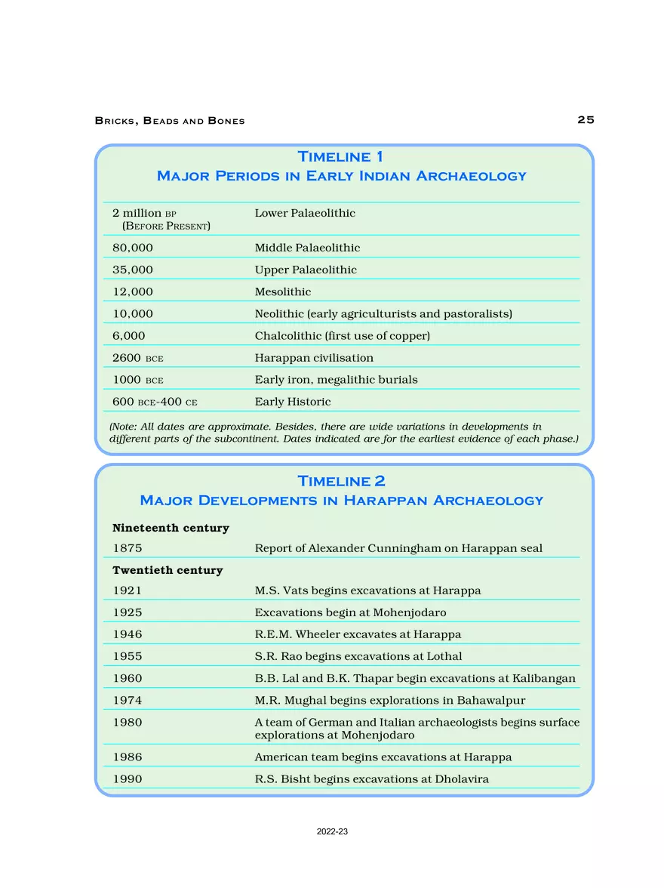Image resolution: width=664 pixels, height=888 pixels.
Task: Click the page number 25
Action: click(586, 120)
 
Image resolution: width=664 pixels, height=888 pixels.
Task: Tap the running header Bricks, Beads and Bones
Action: click(170, 121)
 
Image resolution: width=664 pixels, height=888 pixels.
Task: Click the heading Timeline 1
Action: click(340, 157)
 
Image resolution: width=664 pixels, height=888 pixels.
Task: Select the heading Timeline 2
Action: click(341, 481)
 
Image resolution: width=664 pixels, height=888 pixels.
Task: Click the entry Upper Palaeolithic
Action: click(306, 270)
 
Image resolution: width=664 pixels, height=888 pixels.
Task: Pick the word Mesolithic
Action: click(283, 291)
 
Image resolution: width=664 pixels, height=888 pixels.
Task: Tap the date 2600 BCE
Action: click(138, 358)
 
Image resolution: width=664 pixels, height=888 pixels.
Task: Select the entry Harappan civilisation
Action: click(314, 358)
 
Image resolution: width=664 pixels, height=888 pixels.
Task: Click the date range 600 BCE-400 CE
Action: click(155, 402)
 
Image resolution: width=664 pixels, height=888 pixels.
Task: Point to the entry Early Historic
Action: click(293, 402)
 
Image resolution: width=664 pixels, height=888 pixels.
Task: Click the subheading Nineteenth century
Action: click(171, 528)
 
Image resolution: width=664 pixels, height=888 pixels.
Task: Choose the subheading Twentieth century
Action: click(168, 570)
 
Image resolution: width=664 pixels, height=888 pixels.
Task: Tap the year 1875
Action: click(127, 548)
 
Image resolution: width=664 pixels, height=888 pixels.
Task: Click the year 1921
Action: click(127, 590)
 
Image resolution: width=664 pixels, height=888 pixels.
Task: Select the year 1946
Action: click(127, 634)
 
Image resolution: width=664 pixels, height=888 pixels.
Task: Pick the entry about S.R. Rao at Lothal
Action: click(358, 656)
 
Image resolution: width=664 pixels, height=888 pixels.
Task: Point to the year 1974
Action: click(127, 700)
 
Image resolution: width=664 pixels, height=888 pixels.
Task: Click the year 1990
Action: click(127, 779)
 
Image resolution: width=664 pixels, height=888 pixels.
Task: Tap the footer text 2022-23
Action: click(332, 831)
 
